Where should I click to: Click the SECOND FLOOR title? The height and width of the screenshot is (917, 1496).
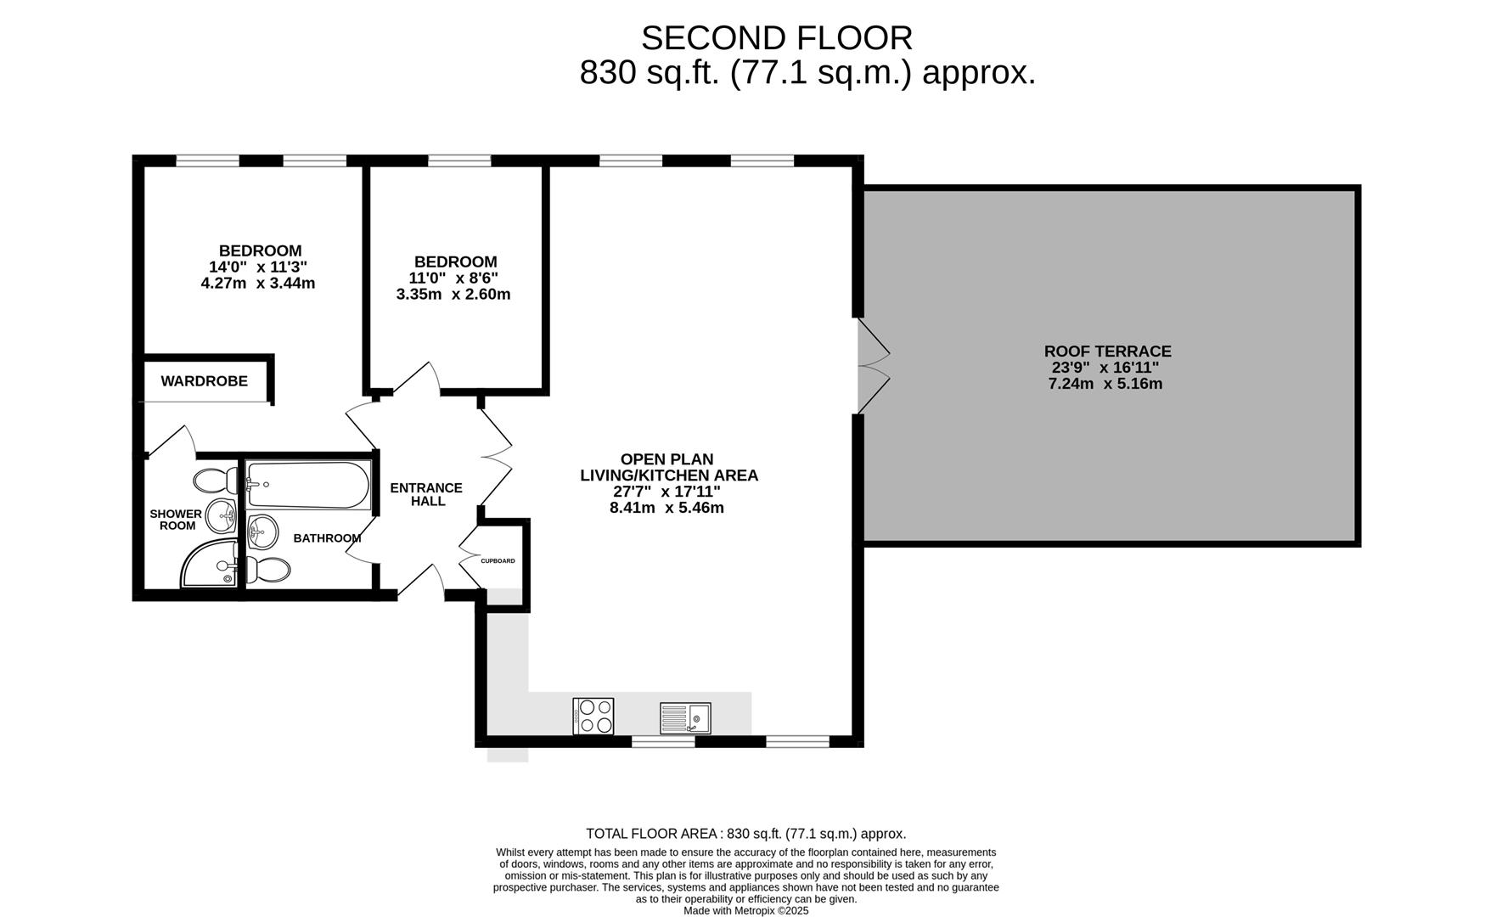coord(776,38)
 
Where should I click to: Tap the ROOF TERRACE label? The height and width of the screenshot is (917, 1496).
coord(1107,351)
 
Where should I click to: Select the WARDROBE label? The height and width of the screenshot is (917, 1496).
coord(205,381)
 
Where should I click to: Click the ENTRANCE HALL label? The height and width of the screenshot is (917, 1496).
coord(426,494)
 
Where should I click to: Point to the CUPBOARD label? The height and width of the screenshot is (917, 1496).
coord(498,561)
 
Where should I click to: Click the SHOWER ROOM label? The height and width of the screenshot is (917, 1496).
coord(177,520)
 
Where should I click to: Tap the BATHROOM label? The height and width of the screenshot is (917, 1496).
coord(327,538)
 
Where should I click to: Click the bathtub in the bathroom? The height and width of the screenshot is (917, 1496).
coord(308,486)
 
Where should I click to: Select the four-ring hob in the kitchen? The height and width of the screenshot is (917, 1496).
coord(593,716)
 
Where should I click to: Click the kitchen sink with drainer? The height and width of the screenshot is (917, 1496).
coord(685,718)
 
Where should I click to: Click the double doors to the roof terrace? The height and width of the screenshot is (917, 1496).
coord(873,366)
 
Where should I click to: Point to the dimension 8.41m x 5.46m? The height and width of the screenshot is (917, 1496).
coord(666,508)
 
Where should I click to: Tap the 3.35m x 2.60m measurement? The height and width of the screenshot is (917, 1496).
coord(453,295)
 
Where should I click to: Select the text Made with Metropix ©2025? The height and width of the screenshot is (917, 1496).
coord(746,911)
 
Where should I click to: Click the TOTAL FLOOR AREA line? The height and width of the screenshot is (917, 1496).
coord(746,834)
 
